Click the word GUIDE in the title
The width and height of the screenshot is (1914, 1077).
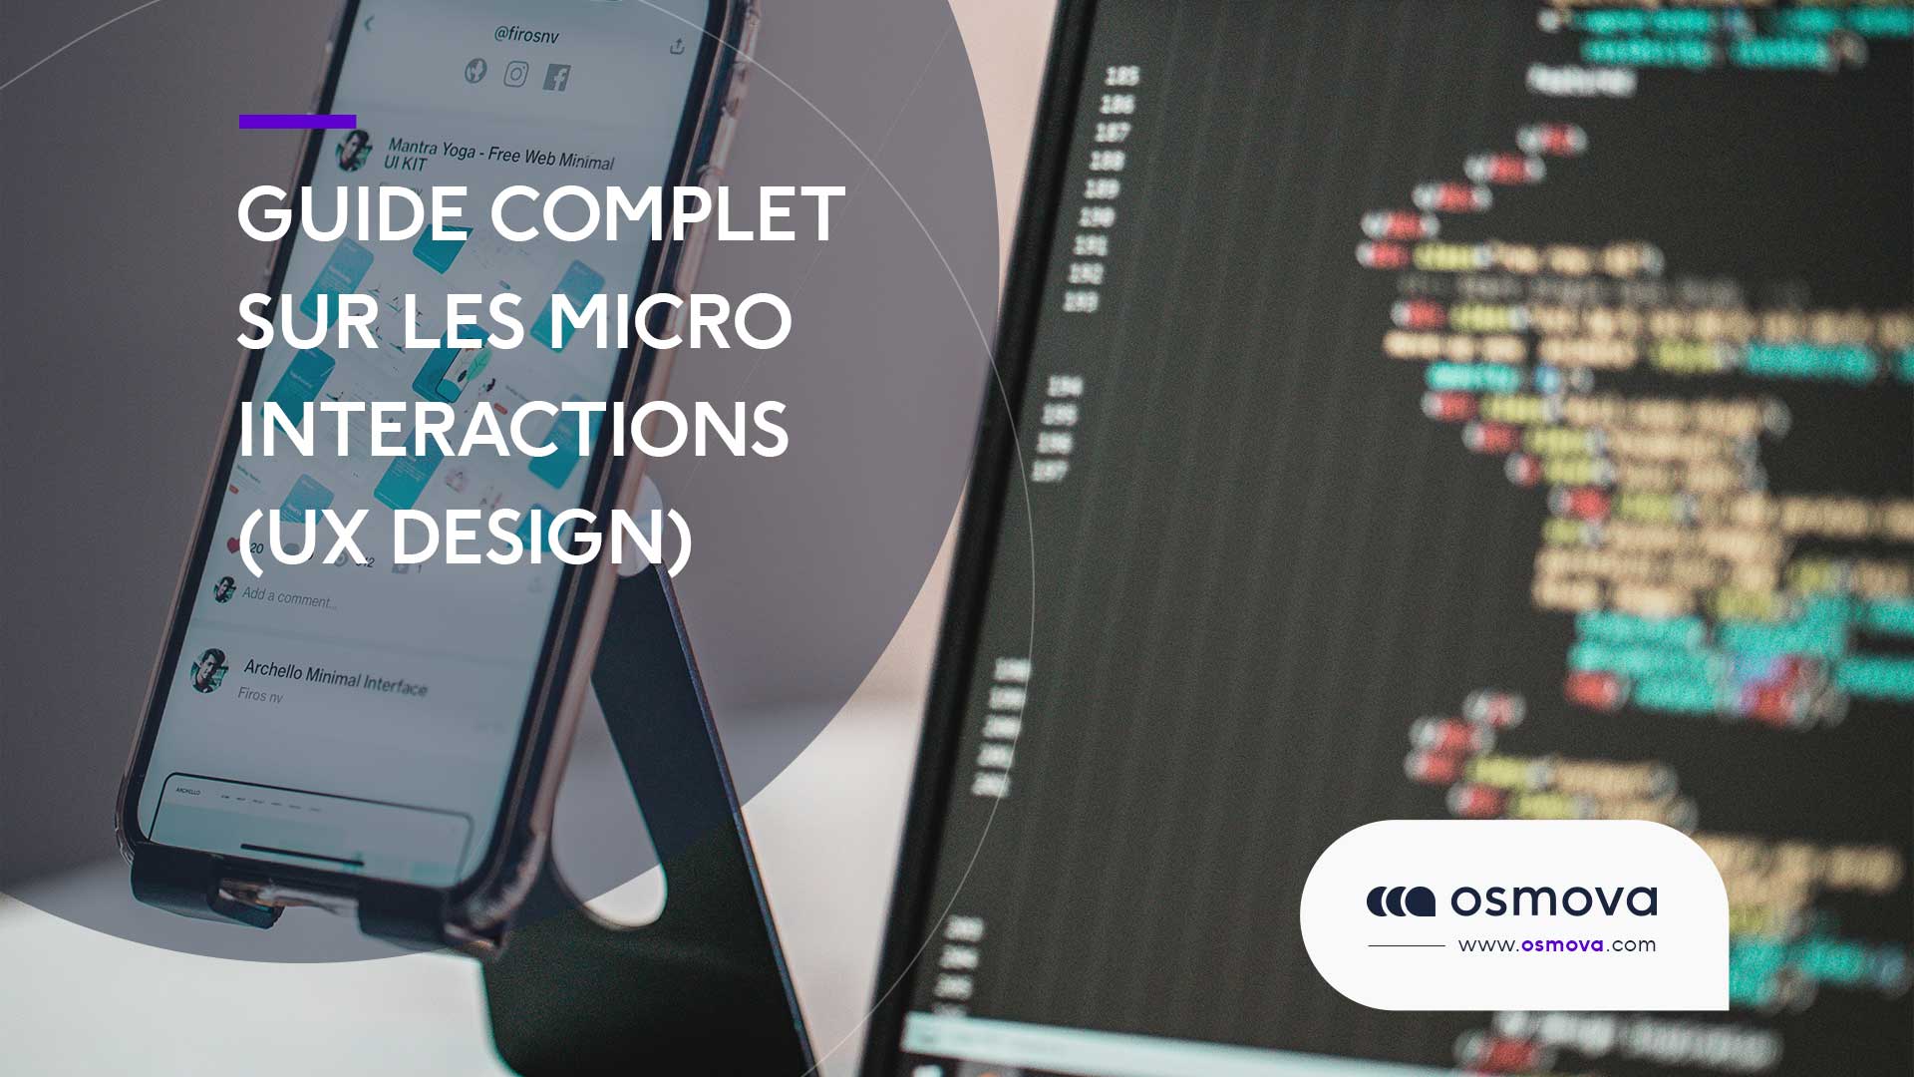pyautogui.click(x=352, y=214)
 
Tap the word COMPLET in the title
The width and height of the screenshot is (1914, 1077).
pyautogui.click(x=667, y=214)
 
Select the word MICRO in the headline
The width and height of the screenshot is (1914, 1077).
pyautogui.click(x=670, y=322)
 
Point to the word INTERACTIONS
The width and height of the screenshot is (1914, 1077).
pyautogui.click(x=512, y=430)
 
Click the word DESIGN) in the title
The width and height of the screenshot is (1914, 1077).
pyautogui.click(x=541, y=538)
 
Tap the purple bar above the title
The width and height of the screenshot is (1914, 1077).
pyautogui.click(x=297, y=122)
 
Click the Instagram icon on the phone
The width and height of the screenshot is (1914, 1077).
pyautogui.click(x=515, y=74)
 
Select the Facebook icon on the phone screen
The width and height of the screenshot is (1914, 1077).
pyautogui.click(x=556, y=77)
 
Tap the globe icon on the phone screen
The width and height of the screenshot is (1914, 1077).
pyautogui.click(x=476, y=71)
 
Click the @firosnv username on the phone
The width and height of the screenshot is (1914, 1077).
pyautogui.click(x=526, y=35)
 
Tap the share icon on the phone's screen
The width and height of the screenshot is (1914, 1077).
pyautogui.click(x=677, y=46)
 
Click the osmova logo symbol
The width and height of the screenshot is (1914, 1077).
pyautogui.click(x=1400, y=901)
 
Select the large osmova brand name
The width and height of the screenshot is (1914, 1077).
pyautogui.click(x=1553, y=900)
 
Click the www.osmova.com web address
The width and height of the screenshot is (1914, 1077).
pyautogui.click(x=1556, y=945)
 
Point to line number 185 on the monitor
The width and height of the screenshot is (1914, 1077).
pyautogui.click(x=1121, y=76)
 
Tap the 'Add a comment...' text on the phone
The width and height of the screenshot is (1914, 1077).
pyautogui.click(x=289, y=597)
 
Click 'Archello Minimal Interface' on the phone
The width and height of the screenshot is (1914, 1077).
pyautogui.click(x=335, y=676)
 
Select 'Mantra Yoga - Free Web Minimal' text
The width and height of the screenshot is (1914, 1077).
pyautogui.click(x=500, y=154)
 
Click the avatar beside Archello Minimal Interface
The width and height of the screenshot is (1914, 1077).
pyautogui.click(x=209, y=671)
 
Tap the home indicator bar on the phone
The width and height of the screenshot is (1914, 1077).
pyautogui.click(x=302, y=853)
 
